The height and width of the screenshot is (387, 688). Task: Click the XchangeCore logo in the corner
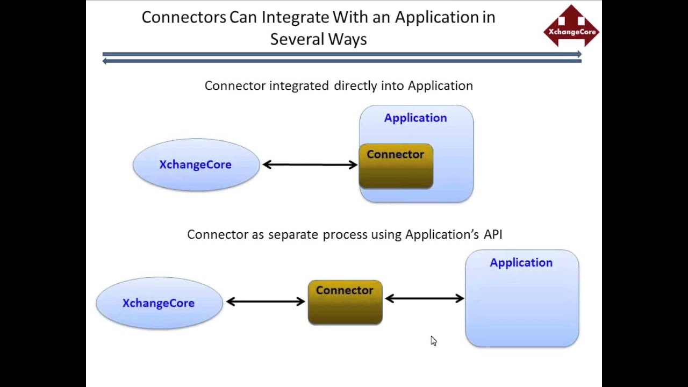[x=571, y=26]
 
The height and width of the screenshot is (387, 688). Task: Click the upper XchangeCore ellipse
[x=196, y=164]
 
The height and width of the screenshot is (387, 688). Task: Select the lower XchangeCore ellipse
[x=159, y=303]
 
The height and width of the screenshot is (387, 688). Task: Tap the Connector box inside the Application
[x=396, y=166]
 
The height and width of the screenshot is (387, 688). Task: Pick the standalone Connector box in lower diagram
[x=345, y=302]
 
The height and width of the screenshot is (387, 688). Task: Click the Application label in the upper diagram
[x=415, y=118]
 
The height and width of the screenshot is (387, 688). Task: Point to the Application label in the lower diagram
[x=521, y=262]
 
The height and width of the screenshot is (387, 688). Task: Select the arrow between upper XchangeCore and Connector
[x=310, y=164]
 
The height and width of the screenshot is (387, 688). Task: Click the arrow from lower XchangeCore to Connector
[x=266, y=302]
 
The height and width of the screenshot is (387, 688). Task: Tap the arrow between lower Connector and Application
[x=424, y=298]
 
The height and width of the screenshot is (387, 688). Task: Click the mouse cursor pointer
[x=433, y=341]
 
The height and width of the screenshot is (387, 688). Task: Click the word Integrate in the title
[x=295, y=17]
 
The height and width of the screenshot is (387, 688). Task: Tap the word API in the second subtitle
[x=492, y=234]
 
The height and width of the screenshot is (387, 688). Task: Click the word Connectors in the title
[x=184, y=17]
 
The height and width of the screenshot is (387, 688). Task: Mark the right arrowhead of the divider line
[x=579, y=54]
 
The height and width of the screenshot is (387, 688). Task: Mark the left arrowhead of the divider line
[x=105, y=61]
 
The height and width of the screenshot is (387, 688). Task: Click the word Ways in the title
[x=349, y=39]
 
